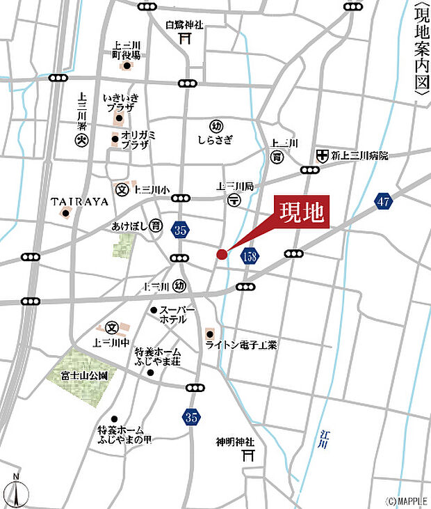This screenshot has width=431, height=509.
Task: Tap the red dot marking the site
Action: pyautogui.click(x=222, y=254)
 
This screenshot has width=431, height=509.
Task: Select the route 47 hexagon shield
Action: pyautogui.click(x=383, y=201)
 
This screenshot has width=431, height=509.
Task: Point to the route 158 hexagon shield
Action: pyautogui.click(x=250, y=257)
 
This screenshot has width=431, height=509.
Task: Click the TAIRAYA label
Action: pyautogui.click(x=80, y=201)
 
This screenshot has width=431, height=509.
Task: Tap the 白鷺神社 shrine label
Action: pyautogui.click(x=184, y=25)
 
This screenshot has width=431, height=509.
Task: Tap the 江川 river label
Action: pyautogui.click(x=324, y=439)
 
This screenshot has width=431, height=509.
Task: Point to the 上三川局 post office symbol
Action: pyautogui.click(x=234, y=200)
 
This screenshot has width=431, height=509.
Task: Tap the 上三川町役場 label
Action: pyautogui.click(x=127, y=50)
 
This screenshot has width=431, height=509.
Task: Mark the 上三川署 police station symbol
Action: pyautogui.click(x=81, y=140)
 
